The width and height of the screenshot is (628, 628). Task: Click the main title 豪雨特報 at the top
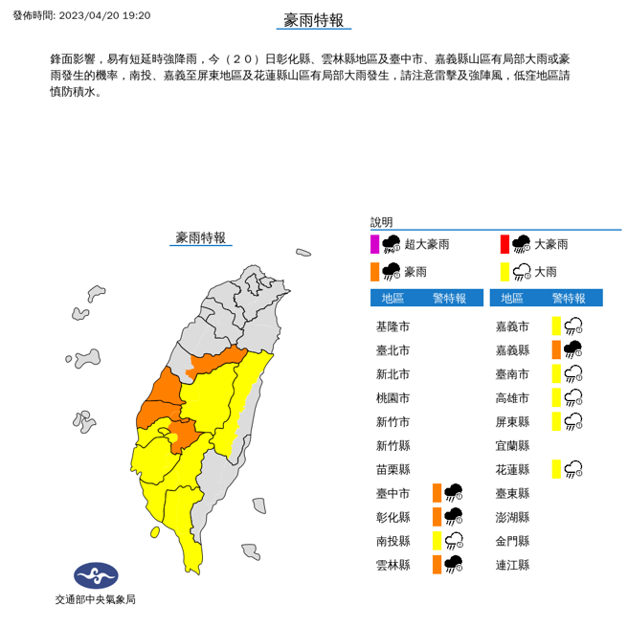(x=313, y=21)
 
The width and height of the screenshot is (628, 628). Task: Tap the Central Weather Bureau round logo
(x=96, y=575)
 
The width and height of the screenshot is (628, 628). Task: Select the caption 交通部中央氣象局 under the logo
(x=96, y=599)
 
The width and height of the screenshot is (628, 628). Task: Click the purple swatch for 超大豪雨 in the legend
(x=375, y=244)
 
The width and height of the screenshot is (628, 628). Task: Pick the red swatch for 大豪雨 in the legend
(x=505, y=244)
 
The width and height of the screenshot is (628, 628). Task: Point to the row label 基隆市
(x=392, y=326)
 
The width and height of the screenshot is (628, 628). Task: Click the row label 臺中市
(x=392, y=494)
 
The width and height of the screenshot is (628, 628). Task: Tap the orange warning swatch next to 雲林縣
(x=437, y=565)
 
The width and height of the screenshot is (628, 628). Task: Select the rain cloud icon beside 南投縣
(x=454, y=541)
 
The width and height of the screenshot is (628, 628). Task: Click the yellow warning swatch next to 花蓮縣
(x=556, y=469)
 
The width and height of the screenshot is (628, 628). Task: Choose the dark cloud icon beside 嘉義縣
(x=573, y=350)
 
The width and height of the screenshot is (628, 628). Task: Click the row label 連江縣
(x=512, y=565)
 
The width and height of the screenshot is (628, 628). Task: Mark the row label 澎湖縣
(x=512, y=518)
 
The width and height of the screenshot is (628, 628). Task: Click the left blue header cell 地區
(x=392, y=298)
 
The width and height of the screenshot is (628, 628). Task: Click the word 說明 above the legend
(x=381, y=221)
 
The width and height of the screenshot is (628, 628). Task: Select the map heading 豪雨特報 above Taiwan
(x=201, y=237)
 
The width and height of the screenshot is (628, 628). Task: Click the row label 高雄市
(x=512, y=398)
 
